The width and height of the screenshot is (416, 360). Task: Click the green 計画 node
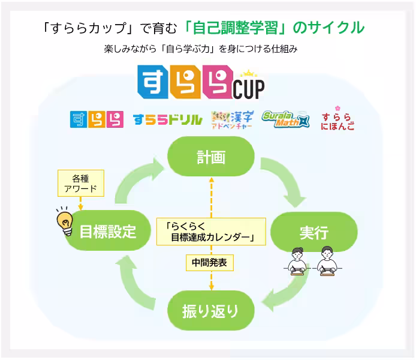211,157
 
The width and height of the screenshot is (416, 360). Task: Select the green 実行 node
314,232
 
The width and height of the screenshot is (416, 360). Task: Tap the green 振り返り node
211,310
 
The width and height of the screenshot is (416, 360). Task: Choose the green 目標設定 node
108,230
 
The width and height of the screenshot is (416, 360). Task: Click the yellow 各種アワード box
81,183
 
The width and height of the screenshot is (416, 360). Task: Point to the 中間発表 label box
210,263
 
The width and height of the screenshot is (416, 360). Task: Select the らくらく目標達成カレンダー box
211,232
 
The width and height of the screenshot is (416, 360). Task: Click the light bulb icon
65,221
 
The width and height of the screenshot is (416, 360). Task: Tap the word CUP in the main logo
249,89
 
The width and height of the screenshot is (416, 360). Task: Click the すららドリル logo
168,120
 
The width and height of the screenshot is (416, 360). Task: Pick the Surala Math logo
285,119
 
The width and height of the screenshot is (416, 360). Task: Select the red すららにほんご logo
337,119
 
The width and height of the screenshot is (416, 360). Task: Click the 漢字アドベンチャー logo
233,120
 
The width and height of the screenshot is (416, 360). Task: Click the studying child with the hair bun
297,262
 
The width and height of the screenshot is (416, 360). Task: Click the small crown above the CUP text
249,73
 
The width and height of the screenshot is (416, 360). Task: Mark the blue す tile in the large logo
153,82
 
